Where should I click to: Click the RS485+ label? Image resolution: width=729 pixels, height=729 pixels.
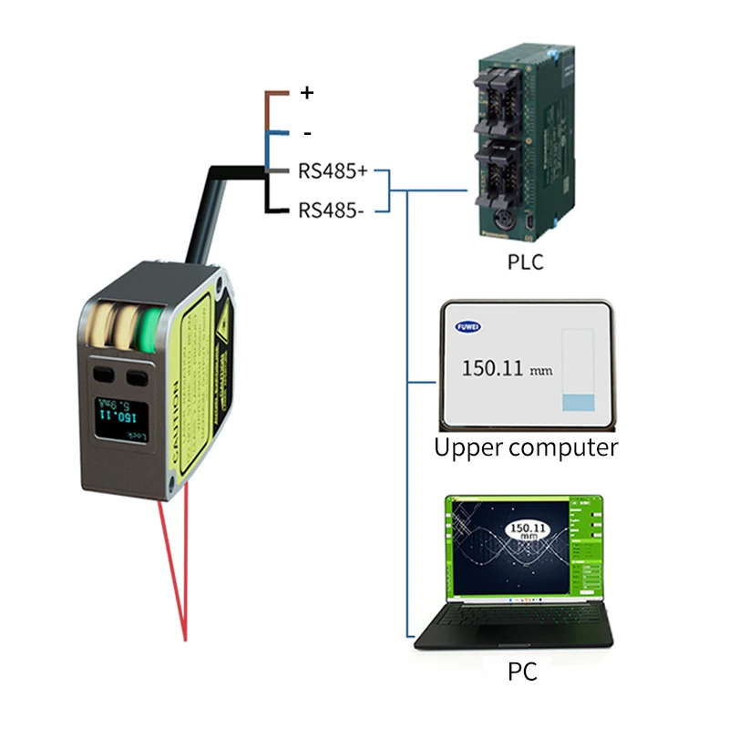click(x=332, y=170)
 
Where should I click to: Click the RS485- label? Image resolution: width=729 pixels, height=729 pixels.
click(x=331, y=210)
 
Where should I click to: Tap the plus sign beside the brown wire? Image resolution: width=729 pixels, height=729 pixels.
click(x=306, y=92)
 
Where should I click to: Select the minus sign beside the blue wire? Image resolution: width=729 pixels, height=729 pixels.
click(x=307, y=134)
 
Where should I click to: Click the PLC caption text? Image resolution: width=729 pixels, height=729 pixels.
click(x=525, y=262)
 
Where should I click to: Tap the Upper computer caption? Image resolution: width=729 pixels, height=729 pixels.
click(x=526, y=447)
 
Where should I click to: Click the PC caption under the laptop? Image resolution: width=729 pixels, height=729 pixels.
click(x=522, y=673)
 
